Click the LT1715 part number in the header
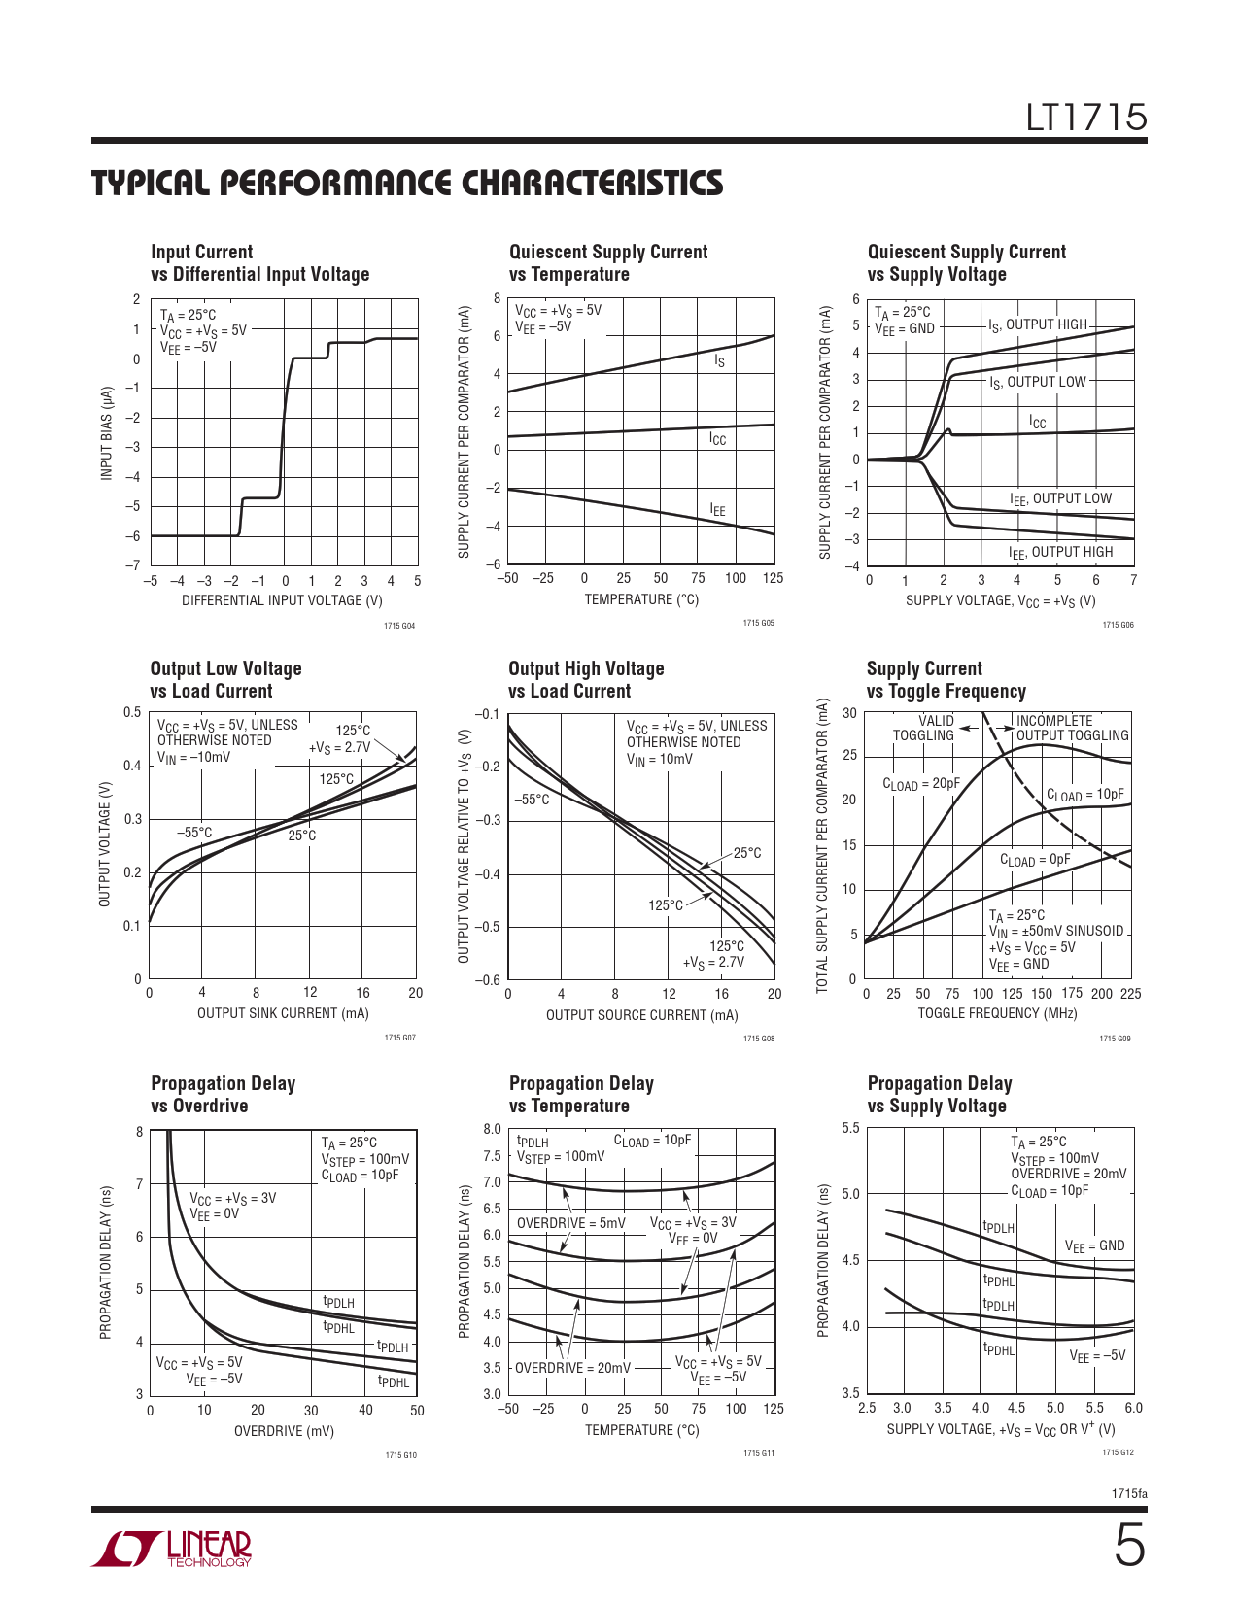(x=1086, y=119)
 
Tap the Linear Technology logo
(x=172, y=1549)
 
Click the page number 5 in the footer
(x=1128, y=1547)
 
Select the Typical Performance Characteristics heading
(x=407, y=184)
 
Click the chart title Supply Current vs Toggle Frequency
(x=946, y=680)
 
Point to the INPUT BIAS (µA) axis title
(x=107, y=432)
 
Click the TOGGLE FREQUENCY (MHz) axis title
(x=997, y=1013)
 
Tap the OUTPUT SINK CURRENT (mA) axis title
(x=283, y=1013)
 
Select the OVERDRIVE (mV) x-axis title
(x=284, y=1431)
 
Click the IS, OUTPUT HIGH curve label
(x=1037, y=325)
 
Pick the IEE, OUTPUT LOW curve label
(x=1060, y=499)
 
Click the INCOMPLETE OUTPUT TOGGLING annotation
(x=1072, y=728)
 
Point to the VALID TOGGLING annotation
(x=924, y=728)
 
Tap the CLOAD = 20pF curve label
(x=920, y=784)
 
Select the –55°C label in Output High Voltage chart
(x=532, y=800)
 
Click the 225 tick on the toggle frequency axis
(x=1130, y=994)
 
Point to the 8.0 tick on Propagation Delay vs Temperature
(x=492, y=1129)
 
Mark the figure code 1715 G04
(x=399, y=626)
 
